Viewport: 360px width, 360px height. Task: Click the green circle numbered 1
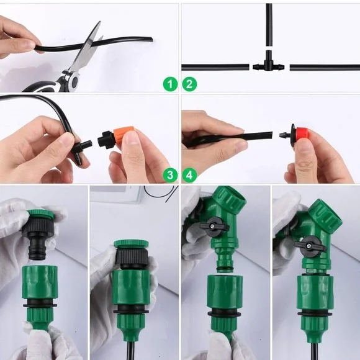coord(170,84)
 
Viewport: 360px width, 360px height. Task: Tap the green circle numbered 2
coord(189,84)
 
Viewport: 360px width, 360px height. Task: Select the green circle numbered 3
coord(170,176)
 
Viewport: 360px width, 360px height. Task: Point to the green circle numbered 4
coord(189,176)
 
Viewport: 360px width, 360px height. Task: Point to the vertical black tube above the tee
coord(269,25)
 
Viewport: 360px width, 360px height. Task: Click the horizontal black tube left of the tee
coord(215,68)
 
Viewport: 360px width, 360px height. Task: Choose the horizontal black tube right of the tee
coord(325,68)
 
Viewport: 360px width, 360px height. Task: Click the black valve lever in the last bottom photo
coord(310,246)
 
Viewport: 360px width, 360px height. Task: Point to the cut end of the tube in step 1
coord(152,39)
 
